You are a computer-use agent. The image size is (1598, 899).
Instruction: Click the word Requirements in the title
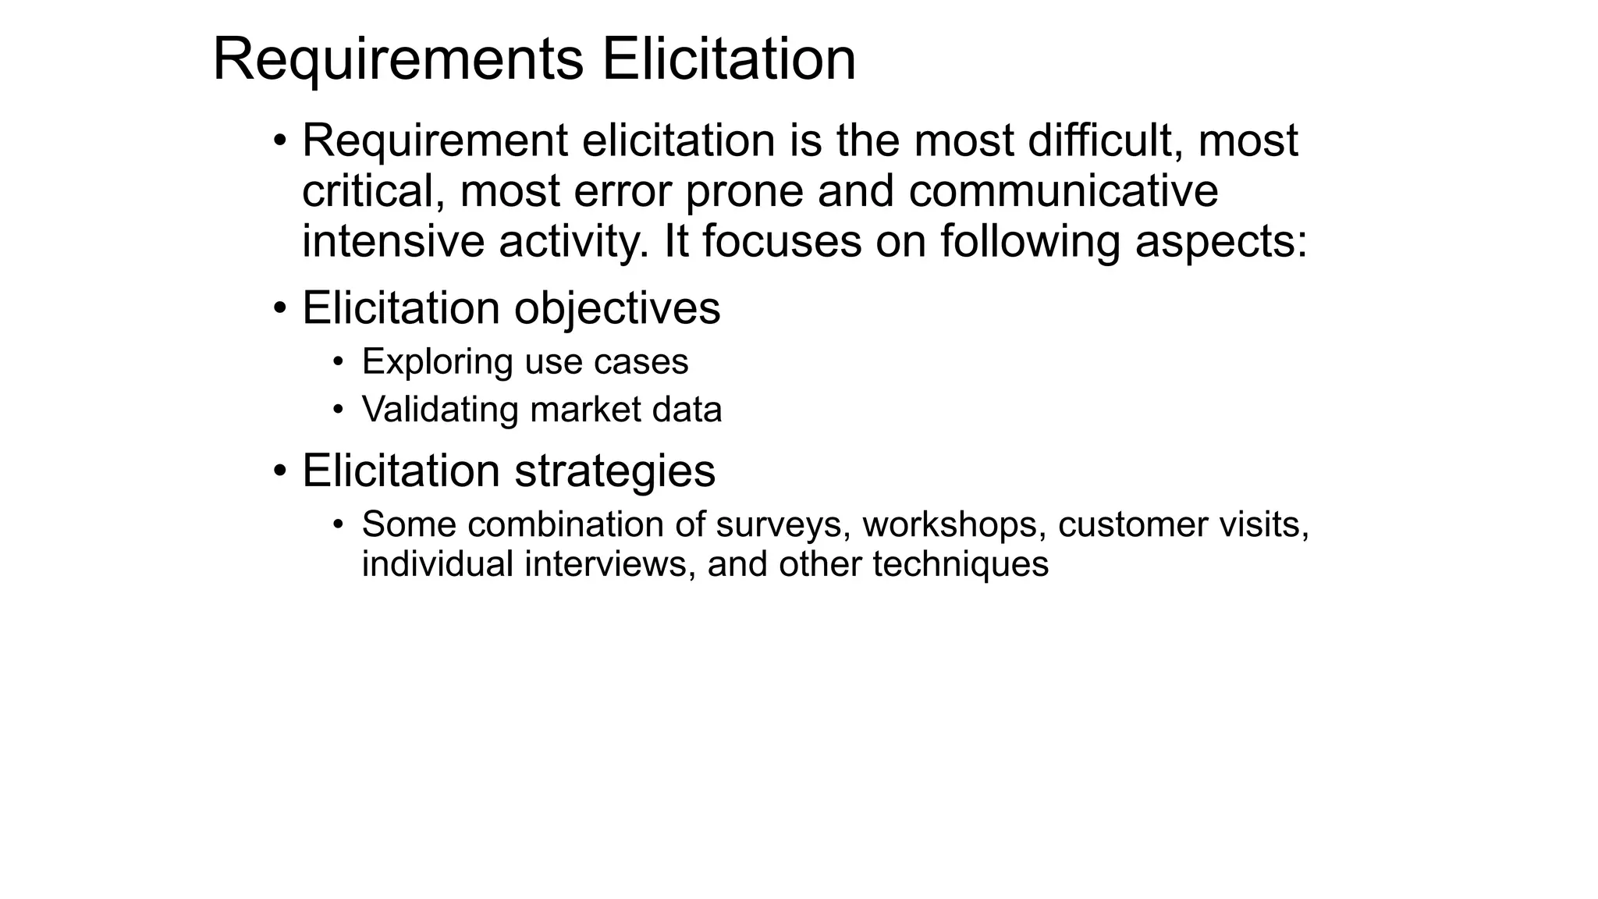398,61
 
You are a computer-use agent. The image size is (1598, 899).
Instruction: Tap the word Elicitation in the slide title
729,59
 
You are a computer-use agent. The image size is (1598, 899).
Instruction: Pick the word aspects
1220,242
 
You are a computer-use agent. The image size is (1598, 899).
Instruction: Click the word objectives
617,308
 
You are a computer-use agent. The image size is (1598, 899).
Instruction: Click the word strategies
615,471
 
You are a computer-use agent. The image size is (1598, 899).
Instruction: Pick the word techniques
961,564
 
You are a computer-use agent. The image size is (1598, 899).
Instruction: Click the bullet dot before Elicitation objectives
281,308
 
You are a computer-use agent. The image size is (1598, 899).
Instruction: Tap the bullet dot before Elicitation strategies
281,471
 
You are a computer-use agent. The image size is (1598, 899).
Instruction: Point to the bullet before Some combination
338,524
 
